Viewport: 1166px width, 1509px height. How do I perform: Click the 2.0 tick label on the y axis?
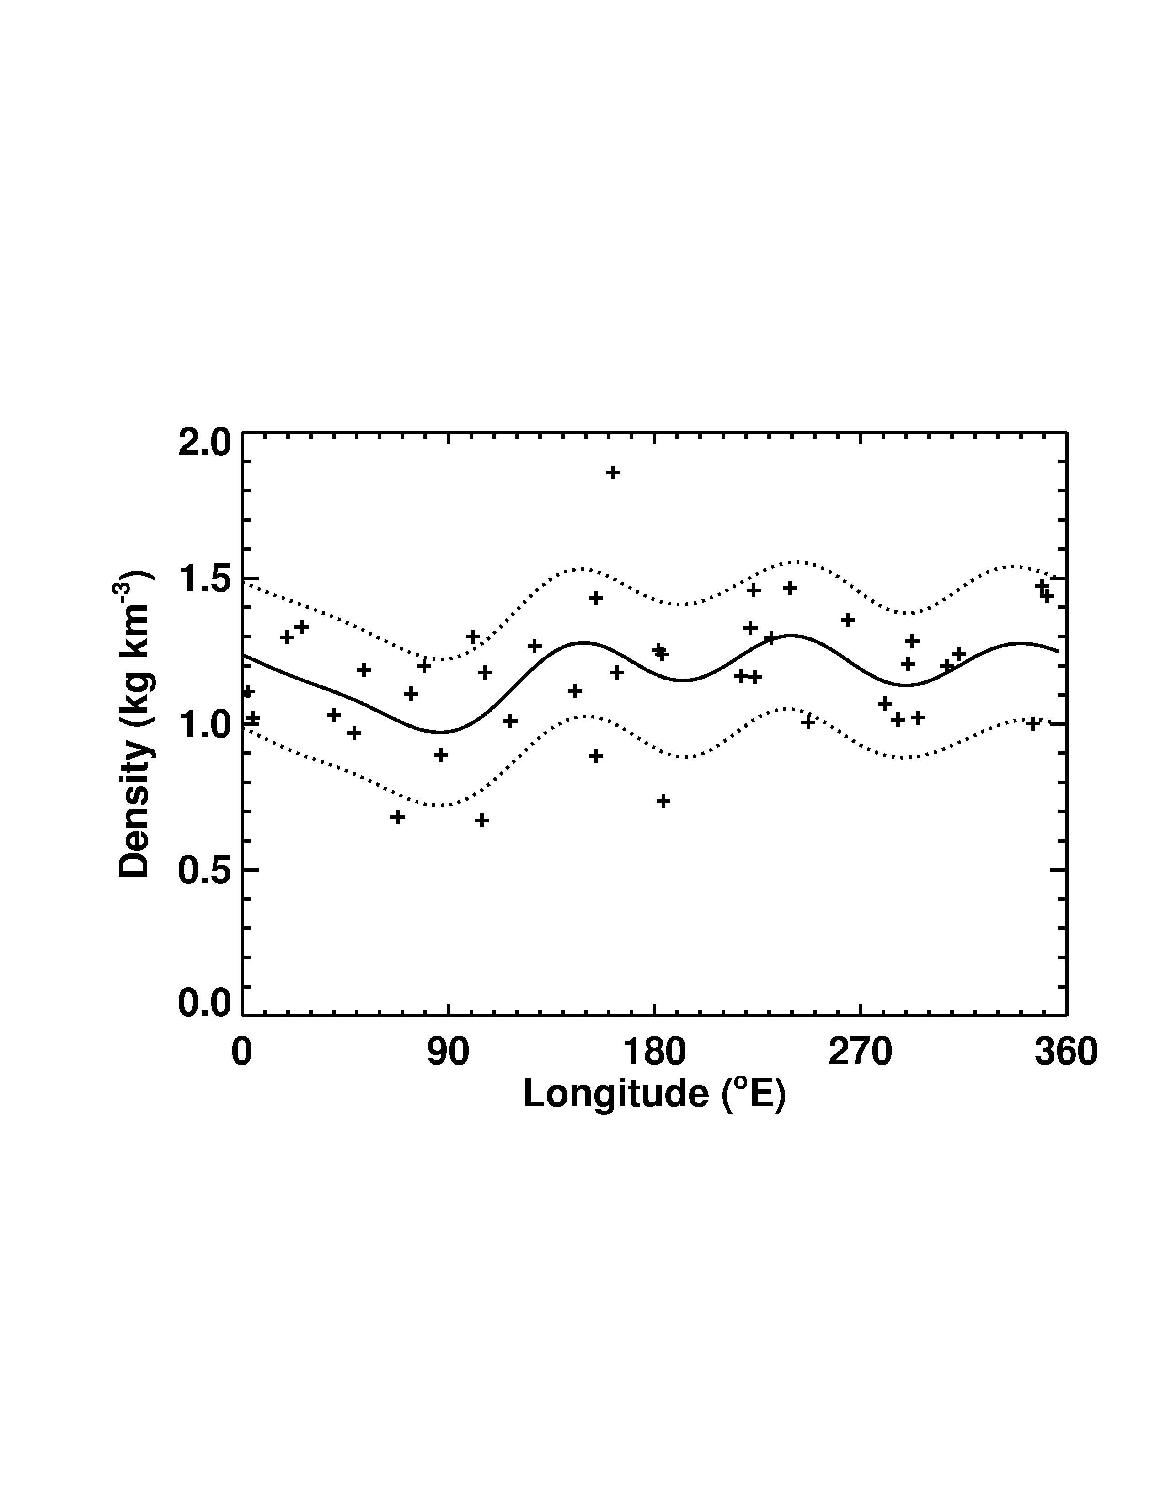[x=204, y=443]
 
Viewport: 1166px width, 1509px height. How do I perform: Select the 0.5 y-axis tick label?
[x=204, y=871]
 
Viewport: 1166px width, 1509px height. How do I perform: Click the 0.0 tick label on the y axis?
[x=204, y=1003]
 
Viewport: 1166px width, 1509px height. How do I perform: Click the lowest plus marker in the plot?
[x=481, y=820]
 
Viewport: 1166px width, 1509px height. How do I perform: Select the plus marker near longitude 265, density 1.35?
[x=848, y=620]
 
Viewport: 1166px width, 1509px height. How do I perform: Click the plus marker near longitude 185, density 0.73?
[x=663, y=801]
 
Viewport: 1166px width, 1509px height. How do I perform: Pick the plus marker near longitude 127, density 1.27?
[x=534, y=646]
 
